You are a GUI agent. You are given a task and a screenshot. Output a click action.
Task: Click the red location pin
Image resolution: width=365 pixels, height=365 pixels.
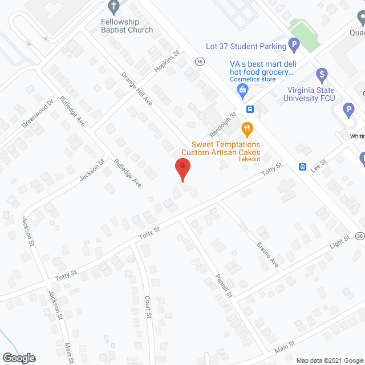point(182,169)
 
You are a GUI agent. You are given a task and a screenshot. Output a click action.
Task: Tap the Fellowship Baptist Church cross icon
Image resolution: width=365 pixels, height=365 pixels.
point(113,7)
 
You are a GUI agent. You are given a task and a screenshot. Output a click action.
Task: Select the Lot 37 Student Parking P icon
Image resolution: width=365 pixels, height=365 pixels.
point(294,44)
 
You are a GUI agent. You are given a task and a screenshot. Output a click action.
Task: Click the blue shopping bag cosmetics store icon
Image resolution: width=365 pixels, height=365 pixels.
point(243,90)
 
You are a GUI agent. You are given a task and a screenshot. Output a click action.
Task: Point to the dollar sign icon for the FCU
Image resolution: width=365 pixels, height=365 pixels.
point(322,74)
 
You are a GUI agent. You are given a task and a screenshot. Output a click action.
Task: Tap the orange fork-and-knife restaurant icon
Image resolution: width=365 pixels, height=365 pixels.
point(246,129)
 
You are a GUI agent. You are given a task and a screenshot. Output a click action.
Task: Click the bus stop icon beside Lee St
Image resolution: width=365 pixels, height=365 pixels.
point(303,167)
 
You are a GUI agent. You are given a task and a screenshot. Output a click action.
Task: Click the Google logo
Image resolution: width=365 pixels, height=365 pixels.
point(18,358)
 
